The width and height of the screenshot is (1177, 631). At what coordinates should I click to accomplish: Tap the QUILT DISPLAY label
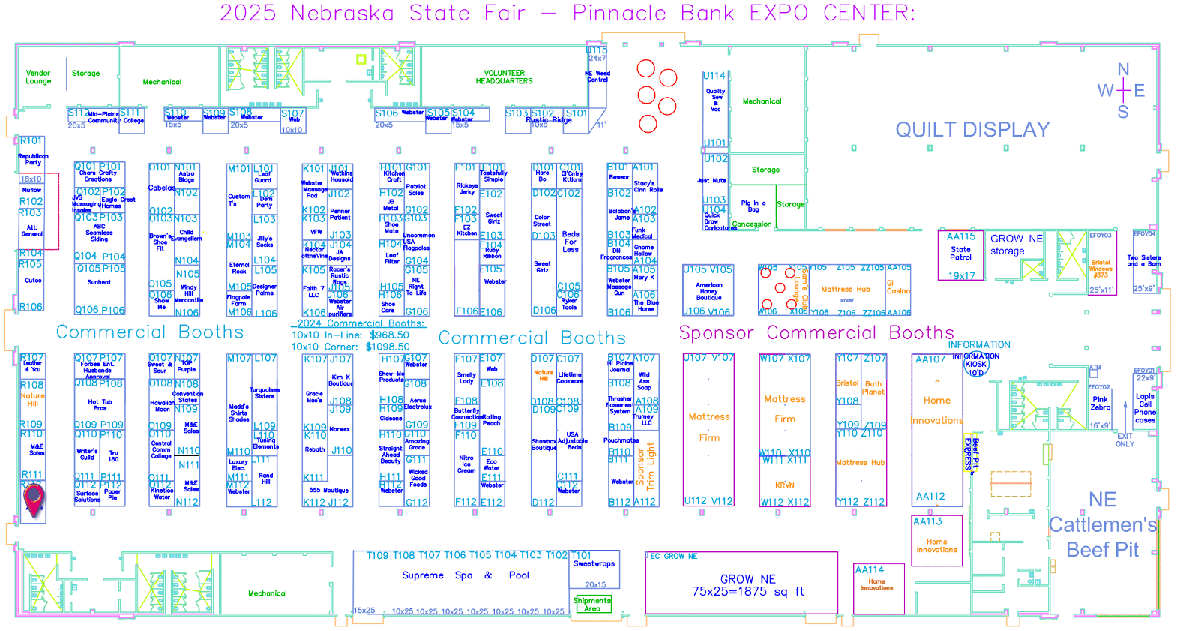(x=972, y=130)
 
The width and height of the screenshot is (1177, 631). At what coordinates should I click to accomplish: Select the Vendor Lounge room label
(x=38, y=77)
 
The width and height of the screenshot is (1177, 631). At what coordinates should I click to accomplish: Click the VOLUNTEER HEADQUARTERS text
(x=504, y=77)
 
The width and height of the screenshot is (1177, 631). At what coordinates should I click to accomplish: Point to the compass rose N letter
(x=1123, y=70)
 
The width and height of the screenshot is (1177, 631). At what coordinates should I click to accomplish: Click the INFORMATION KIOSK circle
(x=975, y=365)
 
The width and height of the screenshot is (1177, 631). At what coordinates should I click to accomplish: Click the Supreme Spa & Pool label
(x=465, y=575)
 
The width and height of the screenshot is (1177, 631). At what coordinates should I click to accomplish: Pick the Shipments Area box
(x=592, y=604)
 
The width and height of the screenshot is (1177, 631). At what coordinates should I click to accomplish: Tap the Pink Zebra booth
(x=1100, y=404)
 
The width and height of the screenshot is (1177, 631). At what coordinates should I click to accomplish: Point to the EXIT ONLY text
(x=1125, y=440)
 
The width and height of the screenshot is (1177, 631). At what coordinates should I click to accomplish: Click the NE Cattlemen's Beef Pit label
(x=1102, y=524)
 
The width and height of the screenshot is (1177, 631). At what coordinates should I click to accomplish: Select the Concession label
(x=751, y=224)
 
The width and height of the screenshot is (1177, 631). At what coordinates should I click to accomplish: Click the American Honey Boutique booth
(x=708, y=291)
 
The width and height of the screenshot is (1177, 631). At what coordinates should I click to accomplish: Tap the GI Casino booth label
(x=897, y=287)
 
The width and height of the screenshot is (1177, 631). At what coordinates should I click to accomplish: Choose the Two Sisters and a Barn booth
(x=1144, y=260)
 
